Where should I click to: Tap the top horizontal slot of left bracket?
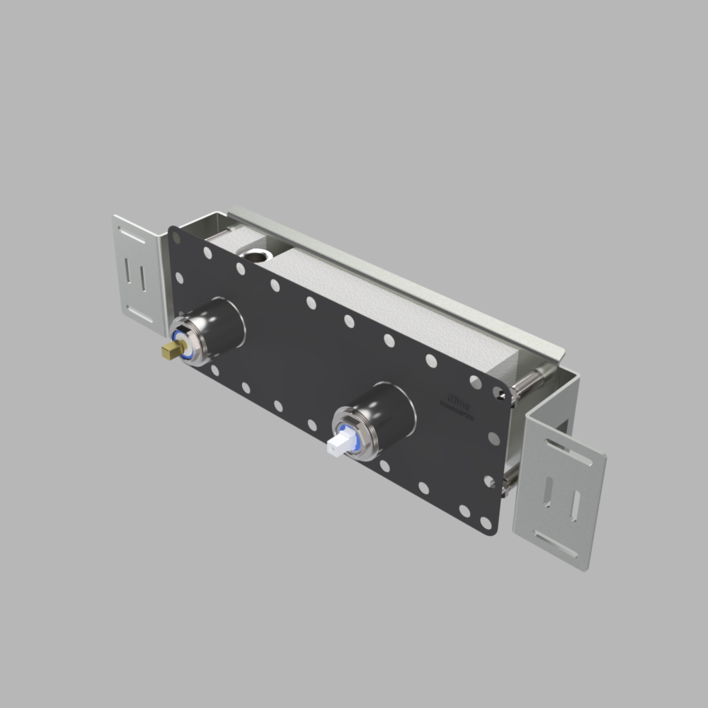pos(132,233)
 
